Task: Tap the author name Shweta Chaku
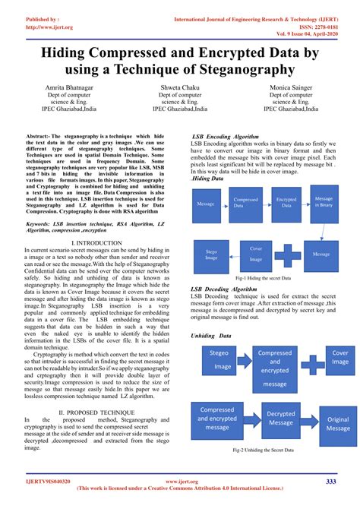(179, 89)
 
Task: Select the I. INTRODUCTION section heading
(96, 242)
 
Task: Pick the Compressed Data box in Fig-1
(245, 203)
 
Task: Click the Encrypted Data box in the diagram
(286, 203)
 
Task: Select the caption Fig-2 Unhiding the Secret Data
(263, 451)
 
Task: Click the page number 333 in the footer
(331, 482)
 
